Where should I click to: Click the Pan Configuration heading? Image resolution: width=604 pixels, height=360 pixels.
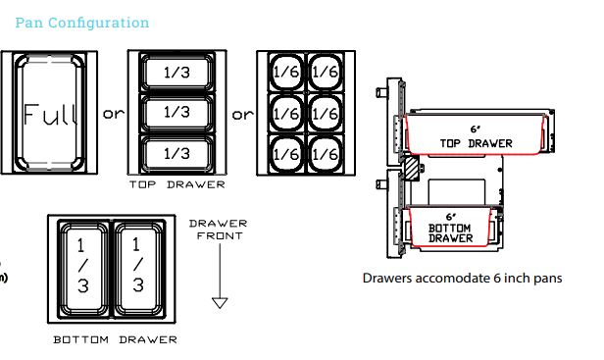82,23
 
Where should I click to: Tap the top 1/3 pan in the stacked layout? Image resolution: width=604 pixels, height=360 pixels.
177,72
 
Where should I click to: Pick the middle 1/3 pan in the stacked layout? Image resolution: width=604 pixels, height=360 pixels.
177,113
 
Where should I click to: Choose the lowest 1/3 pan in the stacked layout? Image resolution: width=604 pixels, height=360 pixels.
177,154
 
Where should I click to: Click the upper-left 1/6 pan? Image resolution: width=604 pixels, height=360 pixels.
285,71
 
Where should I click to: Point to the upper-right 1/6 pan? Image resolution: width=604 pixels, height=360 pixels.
324,71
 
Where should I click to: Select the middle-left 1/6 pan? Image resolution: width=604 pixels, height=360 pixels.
285,113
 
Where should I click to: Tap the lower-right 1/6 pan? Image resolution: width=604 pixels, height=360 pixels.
324,154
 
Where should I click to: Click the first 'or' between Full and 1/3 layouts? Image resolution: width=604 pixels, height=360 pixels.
115,114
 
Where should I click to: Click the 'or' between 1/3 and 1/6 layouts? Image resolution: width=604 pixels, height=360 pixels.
241,114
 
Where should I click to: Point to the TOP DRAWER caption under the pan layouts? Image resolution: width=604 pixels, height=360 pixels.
177,184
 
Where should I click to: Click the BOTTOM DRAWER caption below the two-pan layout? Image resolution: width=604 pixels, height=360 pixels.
115,339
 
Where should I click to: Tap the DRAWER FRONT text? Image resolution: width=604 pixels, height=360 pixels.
220,230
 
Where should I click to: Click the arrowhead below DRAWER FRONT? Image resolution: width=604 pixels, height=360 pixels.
220,302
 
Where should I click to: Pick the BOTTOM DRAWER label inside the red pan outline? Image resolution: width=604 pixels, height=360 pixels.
451,231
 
